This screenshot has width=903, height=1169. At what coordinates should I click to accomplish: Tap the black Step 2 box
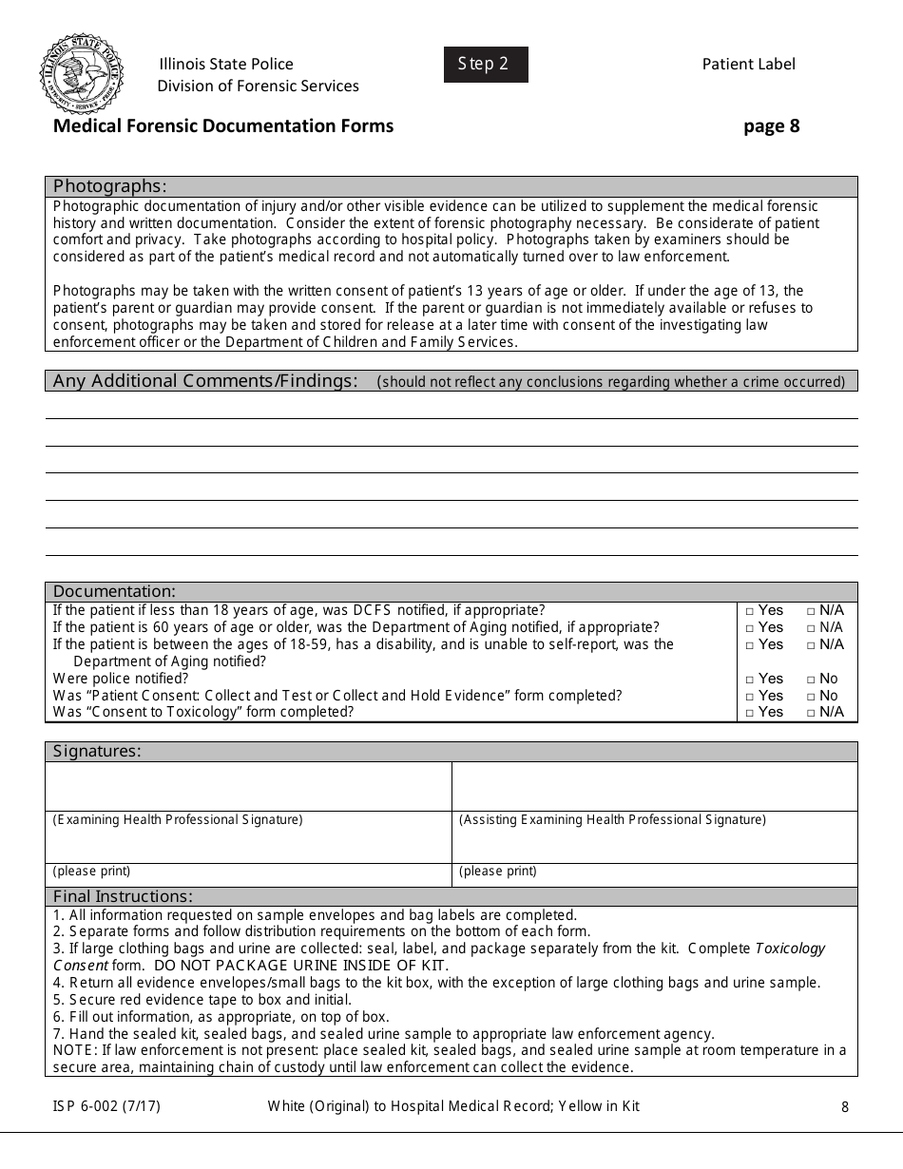[x=485, y=65]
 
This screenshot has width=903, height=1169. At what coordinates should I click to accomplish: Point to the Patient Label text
[x=748, y=65]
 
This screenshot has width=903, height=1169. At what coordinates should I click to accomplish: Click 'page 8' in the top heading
[x=771, y=125]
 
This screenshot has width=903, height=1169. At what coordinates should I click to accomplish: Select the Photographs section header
[x=109, y=186]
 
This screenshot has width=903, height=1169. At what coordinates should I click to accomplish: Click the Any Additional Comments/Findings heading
[x=205, y=381]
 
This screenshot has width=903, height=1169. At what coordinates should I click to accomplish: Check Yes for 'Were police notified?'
[x=750, y=680]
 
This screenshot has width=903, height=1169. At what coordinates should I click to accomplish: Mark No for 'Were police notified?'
[x=811, y=680]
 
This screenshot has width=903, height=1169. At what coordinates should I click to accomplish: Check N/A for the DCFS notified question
[x=811, y=611]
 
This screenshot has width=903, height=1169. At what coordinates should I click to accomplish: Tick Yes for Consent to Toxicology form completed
[x=750, y=713]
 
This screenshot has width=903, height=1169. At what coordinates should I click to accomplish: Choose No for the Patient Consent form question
[x=811, y=697]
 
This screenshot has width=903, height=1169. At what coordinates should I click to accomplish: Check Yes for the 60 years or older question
[x=750, y=628]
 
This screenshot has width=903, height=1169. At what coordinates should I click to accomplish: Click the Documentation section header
[x=114, y=591]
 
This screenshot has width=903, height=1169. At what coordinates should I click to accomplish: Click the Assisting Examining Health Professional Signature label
[x=612, y=820]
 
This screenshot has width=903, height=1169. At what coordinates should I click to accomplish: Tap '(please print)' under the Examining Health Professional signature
[x=91, y=872]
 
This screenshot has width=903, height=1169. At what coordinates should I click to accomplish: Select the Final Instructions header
[x=123, y=896]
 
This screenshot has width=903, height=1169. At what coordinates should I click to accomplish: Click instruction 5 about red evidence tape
[x=202, y=1000]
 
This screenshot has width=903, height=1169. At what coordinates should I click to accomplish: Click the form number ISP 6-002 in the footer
[x=93, y=1105]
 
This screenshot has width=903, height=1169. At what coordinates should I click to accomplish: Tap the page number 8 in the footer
[x=845, y=1106]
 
